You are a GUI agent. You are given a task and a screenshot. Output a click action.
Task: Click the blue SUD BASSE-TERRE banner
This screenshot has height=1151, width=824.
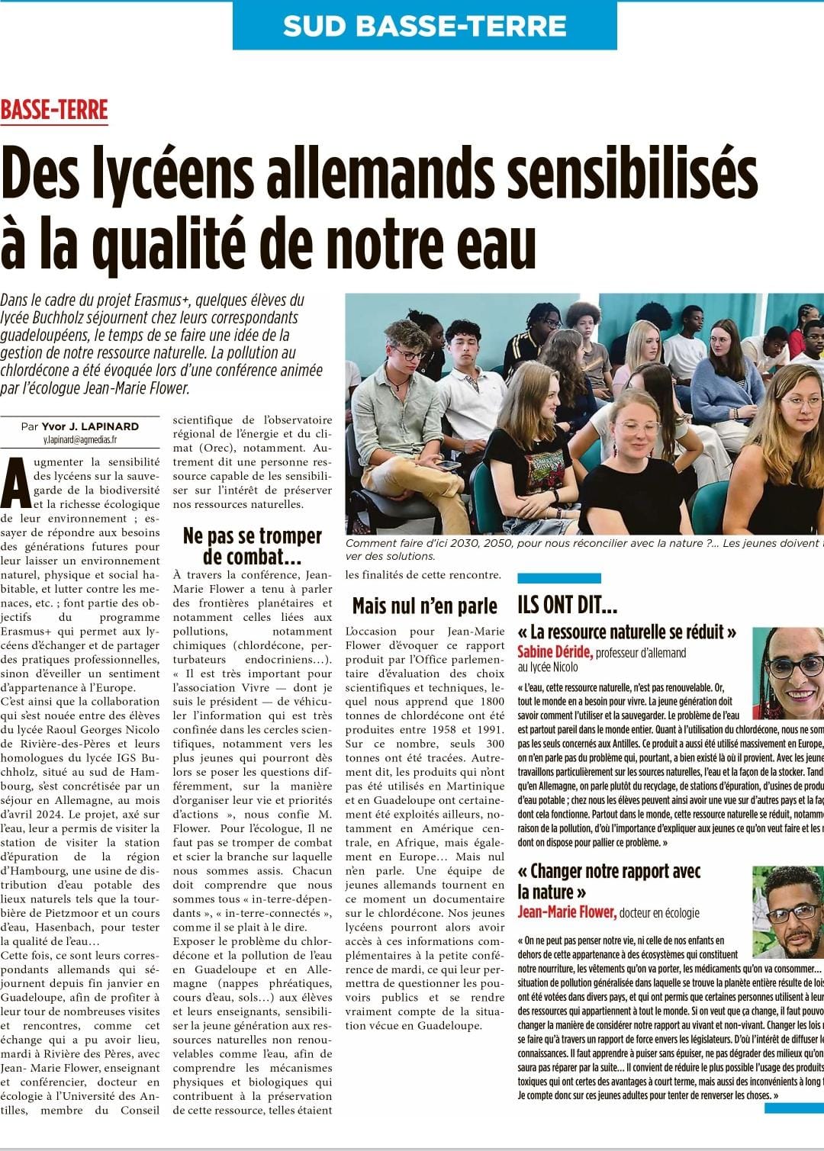point(424,26)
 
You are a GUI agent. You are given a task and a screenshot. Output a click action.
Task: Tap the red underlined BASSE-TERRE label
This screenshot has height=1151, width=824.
point(54,111)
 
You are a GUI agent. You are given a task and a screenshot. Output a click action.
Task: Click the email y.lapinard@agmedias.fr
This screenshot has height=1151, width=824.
point(80,440)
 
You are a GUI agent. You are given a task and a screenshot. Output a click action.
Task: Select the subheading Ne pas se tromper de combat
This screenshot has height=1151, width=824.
point(253,546)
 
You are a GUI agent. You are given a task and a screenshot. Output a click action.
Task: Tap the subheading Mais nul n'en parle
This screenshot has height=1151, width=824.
point(425,606)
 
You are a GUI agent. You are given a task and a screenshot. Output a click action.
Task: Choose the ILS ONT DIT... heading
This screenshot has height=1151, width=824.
point(567,605)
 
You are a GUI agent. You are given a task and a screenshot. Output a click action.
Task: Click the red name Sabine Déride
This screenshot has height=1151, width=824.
point(555,652)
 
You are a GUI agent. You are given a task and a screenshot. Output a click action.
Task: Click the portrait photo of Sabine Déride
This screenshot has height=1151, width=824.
point(787,671)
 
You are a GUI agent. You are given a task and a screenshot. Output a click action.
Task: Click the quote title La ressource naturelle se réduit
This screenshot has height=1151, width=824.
point(626,632)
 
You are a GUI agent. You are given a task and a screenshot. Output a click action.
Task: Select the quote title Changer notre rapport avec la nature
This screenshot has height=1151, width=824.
point(608,881)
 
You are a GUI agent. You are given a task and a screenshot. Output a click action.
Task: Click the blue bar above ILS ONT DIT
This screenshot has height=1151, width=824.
point(559,578)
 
